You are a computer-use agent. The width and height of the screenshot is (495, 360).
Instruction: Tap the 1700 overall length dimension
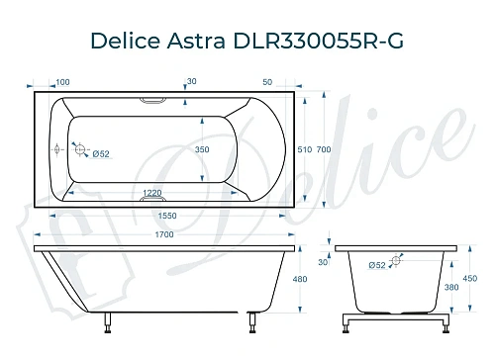coord(164,234)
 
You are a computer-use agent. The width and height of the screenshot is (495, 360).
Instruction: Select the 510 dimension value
coord(305,148)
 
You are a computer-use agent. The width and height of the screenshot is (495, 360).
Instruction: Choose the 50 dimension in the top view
coord(268,82)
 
